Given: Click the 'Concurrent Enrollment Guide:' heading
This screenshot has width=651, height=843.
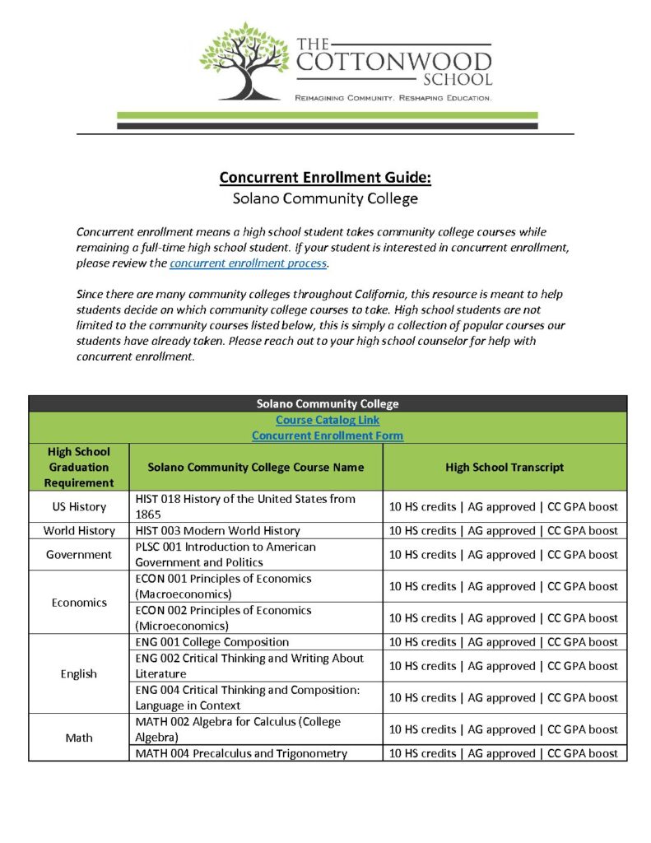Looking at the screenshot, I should pyautogui.click(x=325, y=178).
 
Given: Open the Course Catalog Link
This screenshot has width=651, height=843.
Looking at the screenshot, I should pyautogui.click(x=328, y=420).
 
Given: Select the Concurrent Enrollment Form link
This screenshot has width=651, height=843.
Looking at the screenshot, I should pyautogui.click(x=328, y=435).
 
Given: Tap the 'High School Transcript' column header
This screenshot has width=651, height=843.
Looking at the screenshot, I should pyautogui.click(x=505, y=467).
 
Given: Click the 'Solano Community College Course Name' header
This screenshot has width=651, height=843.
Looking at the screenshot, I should pyautogui.click(x=255, y=467).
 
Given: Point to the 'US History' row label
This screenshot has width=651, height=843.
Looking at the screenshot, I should pyautogui.click(x=79, y=506).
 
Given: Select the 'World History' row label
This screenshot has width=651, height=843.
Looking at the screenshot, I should pyautogui.click(x=79, y=531).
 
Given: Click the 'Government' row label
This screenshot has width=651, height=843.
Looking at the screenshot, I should pyautogui.click(x=79, y=555).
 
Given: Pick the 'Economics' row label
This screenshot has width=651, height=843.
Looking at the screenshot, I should pyautogui.click(x=79, y=602).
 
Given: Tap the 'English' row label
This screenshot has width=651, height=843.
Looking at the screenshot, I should pyautogui.click(x=79, y=673).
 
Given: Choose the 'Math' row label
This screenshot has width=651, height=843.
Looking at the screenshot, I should pyautogui.click(x=79, y=737).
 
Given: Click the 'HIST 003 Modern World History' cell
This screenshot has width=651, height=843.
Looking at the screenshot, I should pyautogui.click(x=218, y=531).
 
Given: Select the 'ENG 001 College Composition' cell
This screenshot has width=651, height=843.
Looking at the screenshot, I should pyautogui.click(x=212, y=642).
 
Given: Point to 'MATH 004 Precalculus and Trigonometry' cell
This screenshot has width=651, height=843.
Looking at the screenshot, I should pyautogui.click(x=241, y=753).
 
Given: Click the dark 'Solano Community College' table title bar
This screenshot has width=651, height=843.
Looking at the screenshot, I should pyautogui.click(x=328, y=403).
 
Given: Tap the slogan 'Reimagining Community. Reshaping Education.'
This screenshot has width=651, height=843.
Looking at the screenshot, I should pyautogui.click(x=393, y=98).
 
